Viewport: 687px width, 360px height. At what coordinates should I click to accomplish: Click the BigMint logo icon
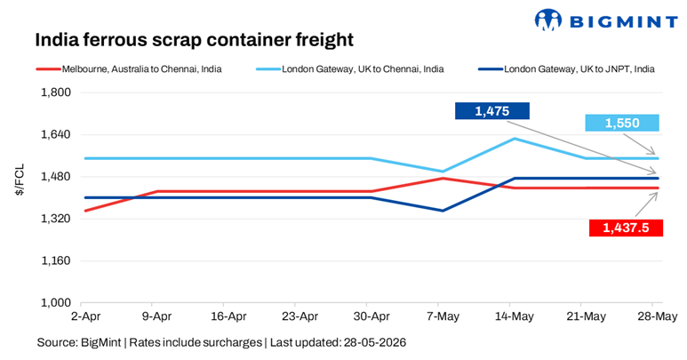547,20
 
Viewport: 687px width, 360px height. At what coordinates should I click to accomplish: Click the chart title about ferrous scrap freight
194,39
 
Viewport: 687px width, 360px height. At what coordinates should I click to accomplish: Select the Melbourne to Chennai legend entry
129,69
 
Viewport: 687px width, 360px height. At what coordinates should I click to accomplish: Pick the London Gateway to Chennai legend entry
350,69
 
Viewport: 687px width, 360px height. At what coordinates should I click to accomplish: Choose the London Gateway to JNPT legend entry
566,69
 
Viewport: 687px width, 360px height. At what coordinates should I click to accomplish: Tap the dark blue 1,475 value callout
492,111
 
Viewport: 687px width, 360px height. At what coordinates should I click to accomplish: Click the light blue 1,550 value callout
622,123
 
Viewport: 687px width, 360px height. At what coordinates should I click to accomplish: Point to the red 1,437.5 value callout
626,228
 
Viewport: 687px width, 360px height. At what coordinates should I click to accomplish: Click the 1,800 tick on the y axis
56,92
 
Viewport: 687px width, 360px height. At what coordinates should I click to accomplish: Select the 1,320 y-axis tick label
56,219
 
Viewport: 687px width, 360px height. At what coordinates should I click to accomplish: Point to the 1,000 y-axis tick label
56,302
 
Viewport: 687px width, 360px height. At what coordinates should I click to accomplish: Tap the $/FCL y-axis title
20,180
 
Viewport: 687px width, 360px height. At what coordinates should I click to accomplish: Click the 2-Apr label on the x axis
86,316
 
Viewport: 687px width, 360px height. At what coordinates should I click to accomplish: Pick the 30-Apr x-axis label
371,316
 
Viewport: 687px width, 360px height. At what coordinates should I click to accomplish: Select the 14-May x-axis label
515,316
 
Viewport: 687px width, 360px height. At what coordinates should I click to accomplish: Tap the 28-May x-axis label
657,316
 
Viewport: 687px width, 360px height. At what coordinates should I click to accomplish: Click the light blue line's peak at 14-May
515,139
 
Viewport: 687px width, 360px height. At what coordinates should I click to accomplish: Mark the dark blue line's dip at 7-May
443,211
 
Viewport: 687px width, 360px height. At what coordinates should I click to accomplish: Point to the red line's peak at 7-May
443,179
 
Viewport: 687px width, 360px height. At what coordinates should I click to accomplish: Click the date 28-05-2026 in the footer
375,342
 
